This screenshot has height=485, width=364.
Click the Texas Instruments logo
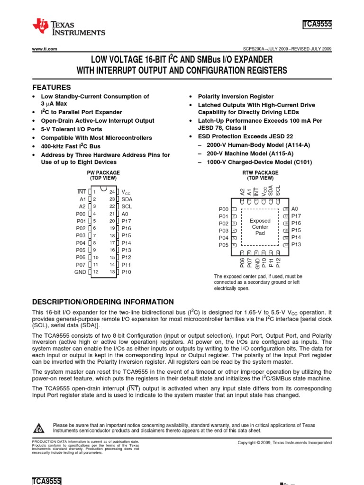[68, 27]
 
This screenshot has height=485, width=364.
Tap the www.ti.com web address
[45, 49]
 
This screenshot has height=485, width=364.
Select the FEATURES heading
[51, 88]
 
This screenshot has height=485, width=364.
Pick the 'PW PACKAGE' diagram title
[103, 172]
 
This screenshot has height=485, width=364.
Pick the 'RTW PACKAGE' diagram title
[260, 172]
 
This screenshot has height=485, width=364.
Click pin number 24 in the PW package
[112, 192]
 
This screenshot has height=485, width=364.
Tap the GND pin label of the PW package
[80, 272]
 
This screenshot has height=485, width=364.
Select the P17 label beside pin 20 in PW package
[126, 221]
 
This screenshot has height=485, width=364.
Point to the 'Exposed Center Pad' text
[260, 227]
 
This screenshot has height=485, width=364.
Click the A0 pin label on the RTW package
[295, 209]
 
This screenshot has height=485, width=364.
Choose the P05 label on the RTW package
[223, 245]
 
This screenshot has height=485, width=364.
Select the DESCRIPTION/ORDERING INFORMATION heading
[102, 302]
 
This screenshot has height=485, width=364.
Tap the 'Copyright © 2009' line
[284, 442]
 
